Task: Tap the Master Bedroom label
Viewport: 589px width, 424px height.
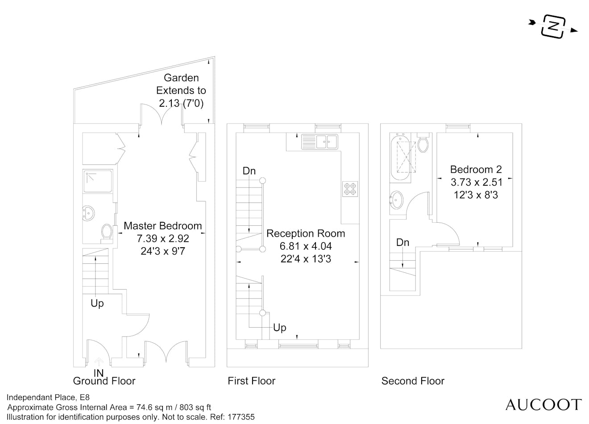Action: [162, 226]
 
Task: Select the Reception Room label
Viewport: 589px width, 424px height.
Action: [306, 233]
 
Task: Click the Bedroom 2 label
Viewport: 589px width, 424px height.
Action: [476, 170]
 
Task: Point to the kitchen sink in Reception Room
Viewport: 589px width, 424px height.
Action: [320, 142]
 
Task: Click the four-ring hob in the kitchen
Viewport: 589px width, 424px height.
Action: [350, 189]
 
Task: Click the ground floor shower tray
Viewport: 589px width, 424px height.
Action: [97, 181]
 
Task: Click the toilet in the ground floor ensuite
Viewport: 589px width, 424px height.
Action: [106, 232]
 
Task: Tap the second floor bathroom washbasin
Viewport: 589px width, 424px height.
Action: [396, 200]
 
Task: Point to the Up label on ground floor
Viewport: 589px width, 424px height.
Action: [97, 303]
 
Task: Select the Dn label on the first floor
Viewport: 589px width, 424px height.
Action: [249, 171]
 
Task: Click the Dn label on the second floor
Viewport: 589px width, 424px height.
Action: [402, 243]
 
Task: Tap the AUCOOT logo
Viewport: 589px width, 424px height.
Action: [543, 405]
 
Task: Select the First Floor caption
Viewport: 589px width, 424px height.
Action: [252, 381]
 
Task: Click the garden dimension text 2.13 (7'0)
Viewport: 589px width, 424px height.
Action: [181, 104]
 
